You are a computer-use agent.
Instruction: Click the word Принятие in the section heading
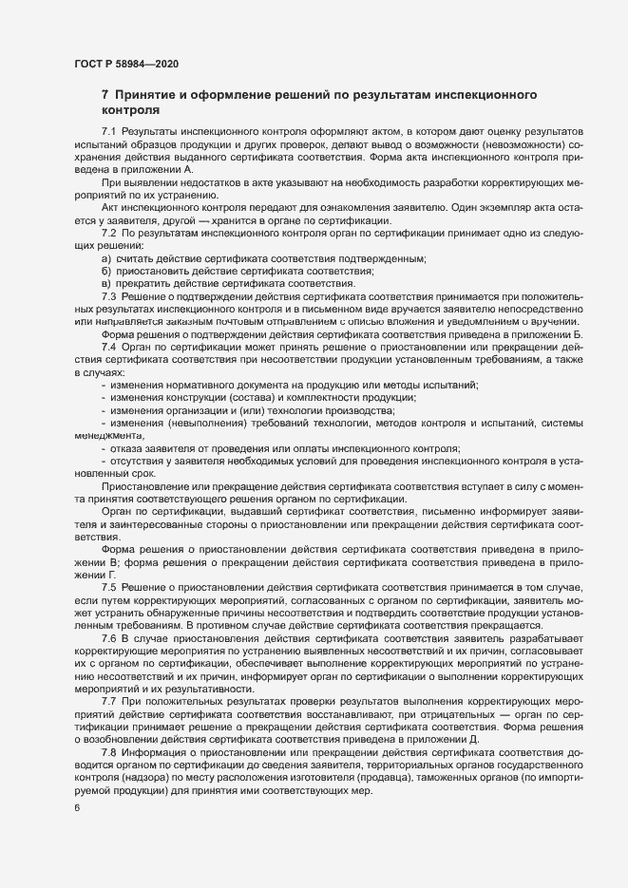point(158,96)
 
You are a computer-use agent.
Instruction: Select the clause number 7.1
point(108,129)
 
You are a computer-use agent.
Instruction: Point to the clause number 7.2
point(108,234)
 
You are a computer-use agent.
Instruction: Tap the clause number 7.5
point(108,587)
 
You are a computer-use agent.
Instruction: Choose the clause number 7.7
point(108,699)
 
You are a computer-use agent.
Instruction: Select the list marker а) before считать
point(106,259)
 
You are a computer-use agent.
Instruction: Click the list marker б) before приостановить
point(106,272)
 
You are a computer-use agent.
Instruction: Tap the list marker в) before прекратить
point(106,284)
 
